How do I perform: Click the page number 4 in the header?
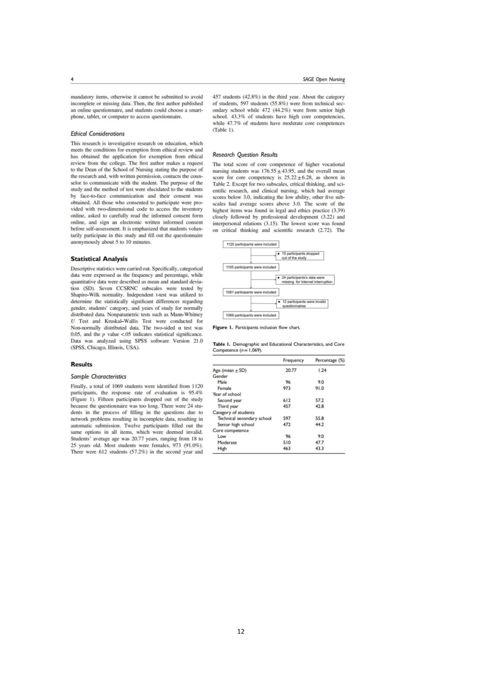(72, 79)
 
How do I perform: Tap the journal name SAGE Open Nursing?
(324, 79)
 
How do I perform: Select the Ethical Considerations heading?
(97, 134)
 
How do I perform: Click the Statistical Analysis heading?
(99, 259)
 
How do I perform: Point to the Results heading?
(81, 364)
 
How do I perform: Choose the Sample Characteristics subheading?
(98, 376)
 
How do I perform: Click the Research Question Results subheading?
(245, 155)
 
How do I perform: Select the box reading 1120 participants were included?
(251, 244)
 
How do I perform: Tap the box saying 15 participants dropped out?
(300, 255)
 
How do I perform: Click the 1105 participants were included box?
(251, 267)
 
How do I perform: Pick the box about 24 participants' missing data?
(305, 280)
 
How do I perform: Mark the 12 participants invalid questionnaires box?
(302, 304)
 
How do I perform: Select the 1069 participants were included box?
(251, 315)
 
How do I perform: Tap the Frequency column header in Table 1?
(293, 360)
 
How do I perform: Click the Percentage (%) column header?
(330, 360)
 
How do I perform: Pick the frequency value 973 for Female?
(287, 388)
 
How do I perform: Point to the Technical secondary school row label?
(244, 418)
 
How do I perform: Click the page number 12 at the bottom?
(240, 632)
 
